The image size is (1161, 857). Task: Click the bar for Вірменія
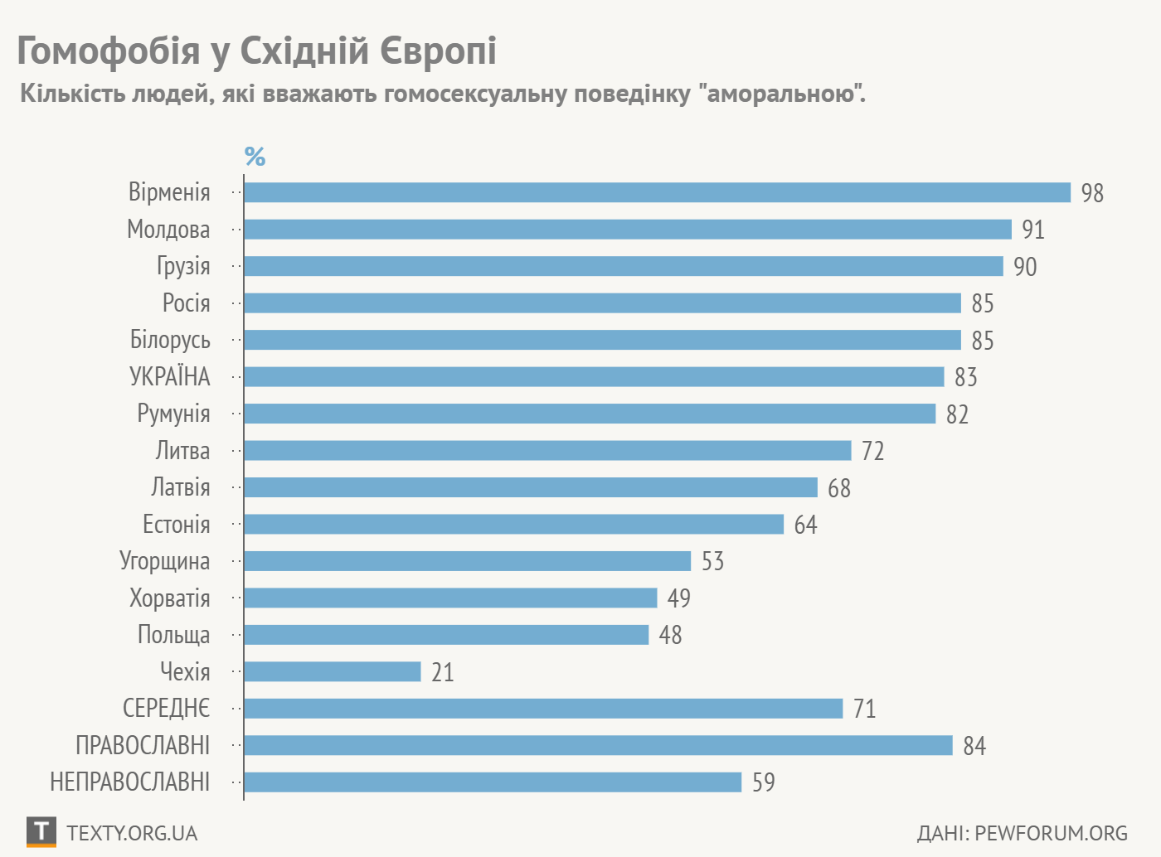point(657,192)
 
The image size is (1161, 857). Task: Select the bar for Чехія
point(333,671)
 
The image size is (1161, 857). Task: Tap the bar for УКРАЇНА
point(594,377)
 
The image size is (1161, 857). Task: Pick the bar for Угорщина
point(467,561)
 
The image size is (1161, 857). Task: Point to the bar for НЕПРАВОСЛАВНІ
point(493,782)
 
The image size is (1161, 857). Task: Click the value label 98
point(1092,193)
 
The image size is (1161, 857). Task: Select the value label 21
point(443,672)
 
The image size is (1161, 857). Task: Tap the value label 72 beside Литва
point(872,451)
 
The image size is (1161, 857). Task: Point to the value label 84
point(974,746)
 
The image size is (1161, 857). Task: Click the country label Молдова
point(168,230)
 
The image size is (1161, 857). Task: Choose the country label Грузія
point(183,266)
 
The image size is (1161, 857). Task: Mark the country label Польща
point(173,635)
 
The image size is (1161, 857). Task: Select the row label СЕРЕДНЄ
point(166,709)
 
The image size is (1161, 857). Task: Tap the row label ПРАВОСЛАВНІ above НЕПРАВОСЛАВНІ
point(143,746)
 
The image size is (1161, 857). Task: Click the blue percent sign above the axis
point(255,156)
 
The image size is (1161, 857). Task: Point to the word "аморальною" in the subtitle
point(782,94)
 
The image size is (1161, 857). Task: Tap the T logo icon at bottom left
point(41,831)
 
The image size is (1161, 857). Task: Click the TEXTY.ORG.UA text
point(132,833)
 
